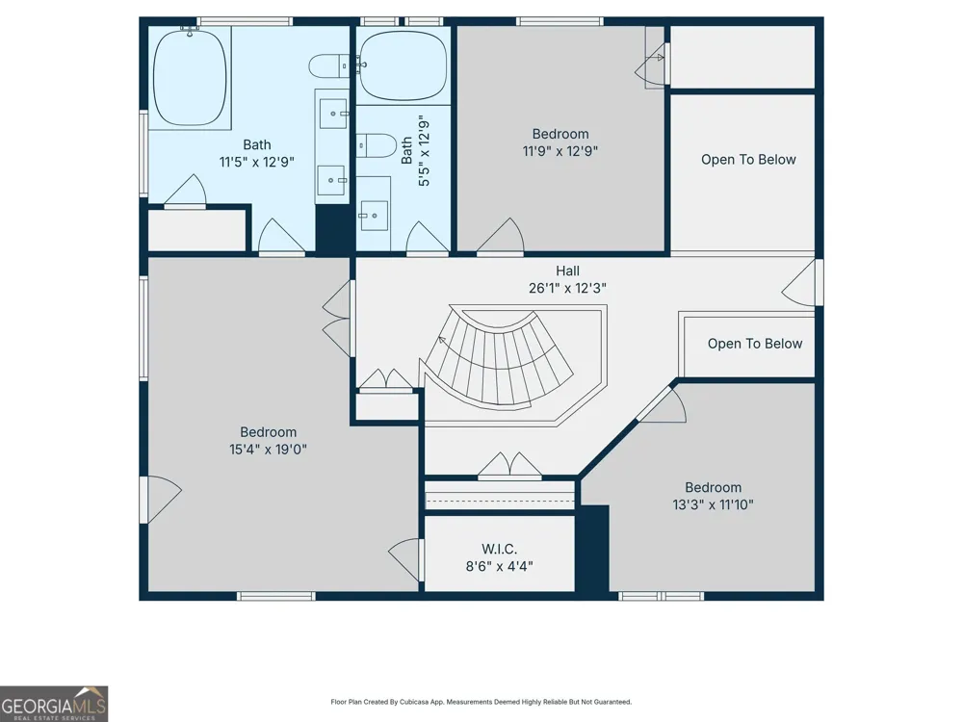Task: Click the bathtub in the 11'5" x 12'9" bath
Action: click(190, 78)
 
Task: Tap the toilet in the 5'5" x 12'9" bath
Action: click(377, 145)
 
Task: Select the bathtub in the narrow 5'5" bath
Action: click(403, 65)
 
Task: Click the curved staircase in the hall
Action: click(499, 358)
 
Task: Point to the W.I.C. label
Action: click(499, 549)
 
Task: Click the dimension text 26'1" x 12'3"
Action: click(567, 288)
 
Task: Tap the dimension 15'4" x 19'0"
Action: click(268, 450)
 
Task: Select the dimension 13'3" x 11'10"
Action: click(713, 504)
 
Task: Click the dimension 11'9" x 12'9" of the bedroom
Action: click(560, 151)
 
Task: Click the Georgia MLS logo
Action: click(54, 704)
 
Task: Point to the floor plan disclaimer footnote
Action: click(481, 702)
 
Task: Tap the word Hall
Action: click(567, 271)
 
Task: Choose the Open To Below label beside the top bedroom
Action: click(748, 160)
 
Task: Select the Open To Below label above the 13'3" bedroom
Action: click(755, 344)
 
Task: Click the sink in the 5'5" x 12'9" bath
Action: click(374, 216)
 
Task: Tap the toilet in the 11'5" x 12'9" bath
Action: click(328, 66)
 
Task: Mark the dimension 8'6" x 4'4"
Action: click(499, 566)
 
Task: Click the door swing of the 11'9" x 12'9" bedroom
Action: click(501, 236)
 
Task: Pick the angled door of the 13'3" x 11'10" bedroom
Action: click(664, 404)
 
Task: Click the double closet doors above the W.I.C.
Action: click(509, 465)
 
